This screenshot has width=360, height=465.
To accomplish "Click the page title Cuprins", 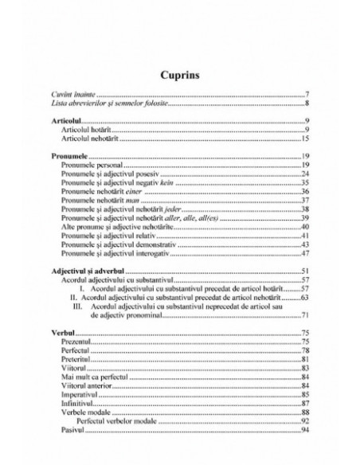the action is (180, 75).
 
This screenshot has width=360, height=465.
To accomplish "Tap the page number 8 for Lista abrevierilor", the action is (307, 104).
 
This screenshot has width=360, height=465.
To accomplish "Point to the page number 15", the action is (305, 138).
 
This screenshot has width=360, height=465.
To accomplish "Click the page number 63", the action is (305, 296).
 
